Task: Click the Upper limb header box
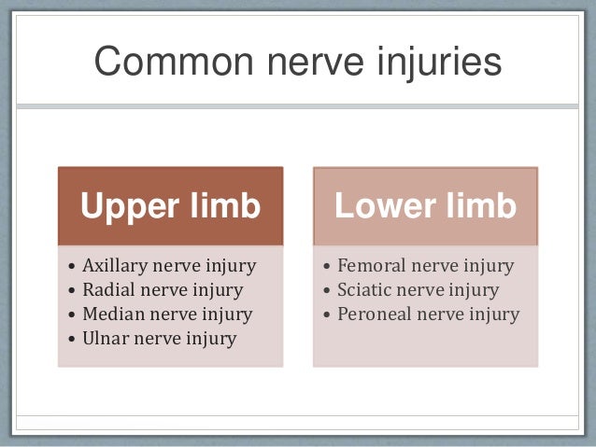(x=170, y=206)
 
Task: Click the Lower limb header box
(x=425, y=206)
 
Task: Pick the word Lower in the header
(x=379, y=206)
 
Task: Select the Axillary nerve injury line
(x=168, y=266)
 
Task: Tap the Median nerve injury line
(x=166, y=314)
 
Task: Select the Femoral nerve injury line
(x=425, y=266)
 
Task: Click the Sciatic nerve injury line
(x=418, y=290)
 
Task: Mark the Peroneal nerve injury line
(x=428, y=314)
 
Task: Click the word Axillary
(x=113, y=266)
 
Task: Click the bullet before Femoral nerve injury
(x=326, y=267)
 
